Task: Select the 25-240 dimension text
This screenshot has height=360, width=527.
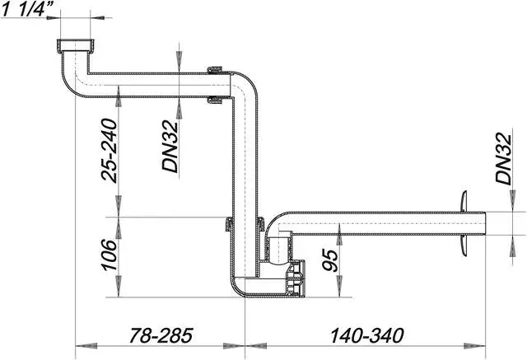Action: pyautogui.click(x=106, y=149)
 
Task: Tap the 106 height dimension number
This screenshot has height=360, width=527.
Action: pyautogui.click(x=106, y=255)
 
